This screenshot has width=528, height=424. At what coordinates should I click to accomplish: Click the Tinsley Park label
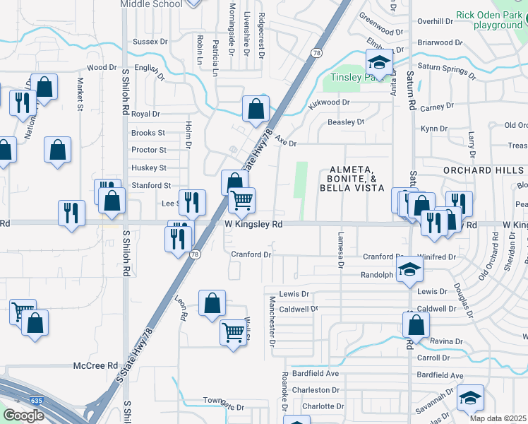coord(352,76)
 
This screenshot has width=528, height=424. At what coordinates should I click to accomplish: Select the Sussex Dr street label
coord(150,42)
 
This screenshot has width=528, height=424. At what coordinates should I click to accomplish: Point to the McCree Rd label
coord(95,365)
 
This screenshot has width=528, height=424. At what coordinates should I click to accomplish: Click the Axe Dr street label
coord(285,143)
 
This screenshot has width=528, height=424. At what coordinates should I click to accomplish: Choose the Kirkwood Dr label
coord(329,103)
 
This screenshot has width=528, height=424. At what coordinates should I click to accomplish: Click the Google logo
coord(23,416)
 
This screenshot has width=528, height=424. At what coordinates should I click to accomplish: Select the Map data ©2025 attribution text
coord(497,418)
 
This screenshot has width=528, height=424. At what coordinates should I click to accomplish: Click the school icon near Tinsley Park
coord(379,61)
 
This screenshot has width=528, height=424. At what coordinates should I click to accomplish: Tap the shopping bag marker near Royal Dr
coord(256,109)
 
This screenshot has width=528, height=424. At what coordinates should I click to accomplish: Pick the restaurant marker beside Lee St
coord(191,203)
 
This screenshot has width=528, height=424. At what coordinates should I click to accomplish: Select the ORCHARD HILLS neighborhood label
coord(484,171)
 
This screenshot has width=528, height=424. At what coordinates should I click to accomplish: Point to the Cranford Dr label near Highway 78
coord(251,254)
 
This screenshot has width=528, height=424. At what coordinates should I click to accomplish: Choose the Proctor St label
coord(149,150)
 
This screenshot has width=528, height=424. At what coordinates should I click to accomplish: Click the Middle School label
coord(151,4)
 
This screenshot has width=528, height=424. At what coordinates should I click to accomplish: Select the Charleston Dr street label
coord(316,390)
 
